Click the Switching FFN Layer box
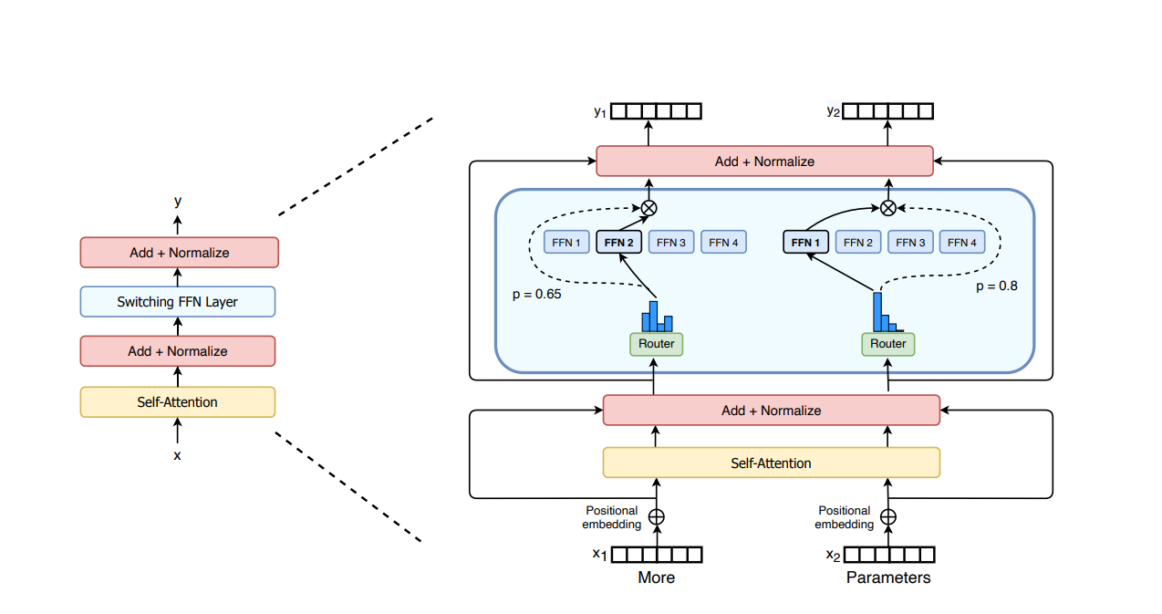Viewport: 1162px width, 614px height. tap(178, 302)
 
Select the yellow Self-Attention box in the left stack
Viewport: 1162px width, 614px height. tap(178, 402)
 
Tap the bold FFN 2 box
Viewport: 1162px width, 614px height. tap(619, 243)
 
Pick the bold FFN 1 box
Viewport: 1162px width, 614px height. tap(805, 243)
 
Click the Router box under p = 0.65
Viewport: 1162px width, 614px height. tap(656, 344)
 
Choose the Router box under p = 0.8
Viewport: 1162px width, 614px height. tap(888, 344)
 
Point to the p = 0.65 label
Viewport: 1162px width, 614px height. tap(537, 295)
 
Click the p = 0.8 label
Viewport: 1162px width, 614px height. tap(997, 286)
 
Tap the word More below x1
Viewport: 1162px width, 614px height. tap(656, 578)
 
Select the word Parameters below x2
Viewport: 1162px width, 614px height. tap(888, 578)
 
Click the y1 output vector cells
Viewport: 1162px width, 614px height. tap(656, 111)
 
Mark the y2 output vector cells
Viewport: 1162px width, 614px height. tap(888, 111)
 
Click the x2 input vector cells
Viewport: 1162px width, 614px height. tap(889, 555)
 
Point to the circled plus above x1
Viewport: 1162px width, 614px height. tap(657, 517)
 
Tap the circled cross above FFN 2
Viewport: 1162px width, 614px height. tap(649, 208)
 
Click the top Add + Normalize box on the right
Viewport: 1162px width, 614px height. tap(764, 161)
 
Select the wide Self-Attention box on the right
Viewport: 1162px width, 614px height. tap(772, 463)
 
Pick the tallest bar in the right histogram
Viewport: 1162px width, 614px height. tap(877, 312)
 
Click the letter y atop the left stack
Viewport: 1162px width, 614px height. tap(178, 202)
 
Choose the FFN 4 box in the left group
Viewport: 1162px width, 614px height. tap(723, 243)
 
